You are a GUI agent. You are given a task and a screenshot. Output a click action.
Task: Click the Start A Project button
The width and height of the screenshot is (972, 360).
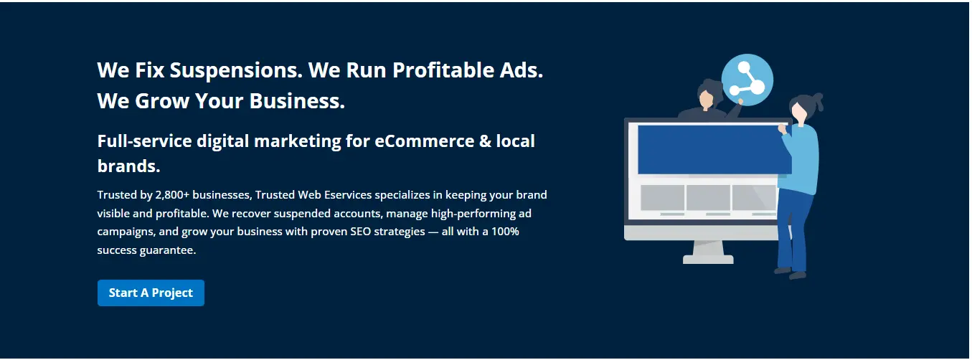(151, 293)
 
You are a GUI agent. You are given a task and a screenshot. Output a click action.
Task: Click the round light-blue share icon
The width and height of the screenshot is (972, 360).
(747, 80)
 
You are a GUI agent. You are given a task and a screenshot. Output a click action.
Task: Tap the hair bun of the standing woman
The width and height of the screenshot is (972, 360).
(816, 100)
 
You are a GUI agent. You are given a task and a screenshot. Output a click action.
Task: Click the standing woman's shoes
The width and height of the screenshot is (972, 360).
(789, 273)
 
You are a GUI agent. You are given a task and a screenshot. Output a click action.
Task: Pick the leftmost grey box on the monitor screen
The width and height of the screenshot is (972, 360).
(661, 197)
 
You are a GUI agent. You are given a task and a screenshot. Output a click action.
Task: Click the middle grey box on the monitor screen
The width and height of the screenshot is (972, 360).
(707, 197)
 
